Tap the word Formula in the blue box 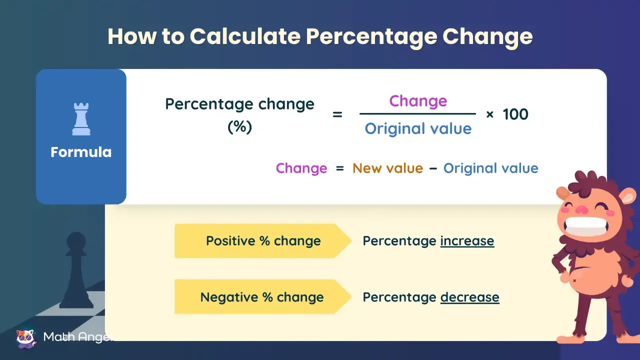81,152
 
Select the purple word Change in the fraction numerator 418,101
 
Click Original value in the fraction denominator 418,129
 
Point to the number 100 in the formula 515,114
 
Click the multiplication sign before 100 490,115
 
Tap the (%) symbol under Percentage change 239,127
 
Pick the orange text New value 387,168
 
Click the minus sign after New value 433,168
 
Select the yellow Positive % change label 263,241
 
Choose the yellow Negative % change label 262,297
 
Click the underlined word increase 467,241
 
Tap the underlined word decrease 469,297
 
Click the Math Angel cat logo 26,337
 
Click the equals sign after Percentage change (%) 337,114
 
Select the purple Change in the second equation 301,168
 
